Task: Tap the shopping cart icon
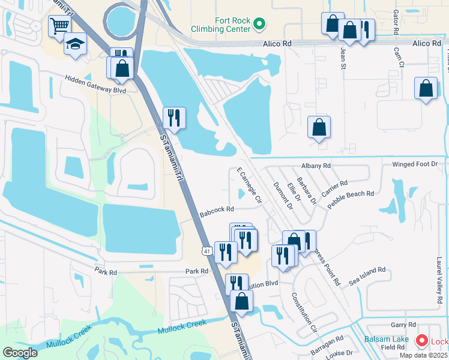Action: click(60, 26)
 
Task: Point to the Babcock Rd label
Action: click(216, 209)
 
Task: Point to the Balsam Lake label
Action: click(387, 339)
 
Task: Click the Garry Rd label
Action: click(399, 325)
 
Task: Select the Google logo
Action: click(20, 352)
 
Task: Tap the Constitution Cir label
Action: click(304, 312)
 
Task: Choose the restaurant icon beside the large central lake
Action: click(174, 118)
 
